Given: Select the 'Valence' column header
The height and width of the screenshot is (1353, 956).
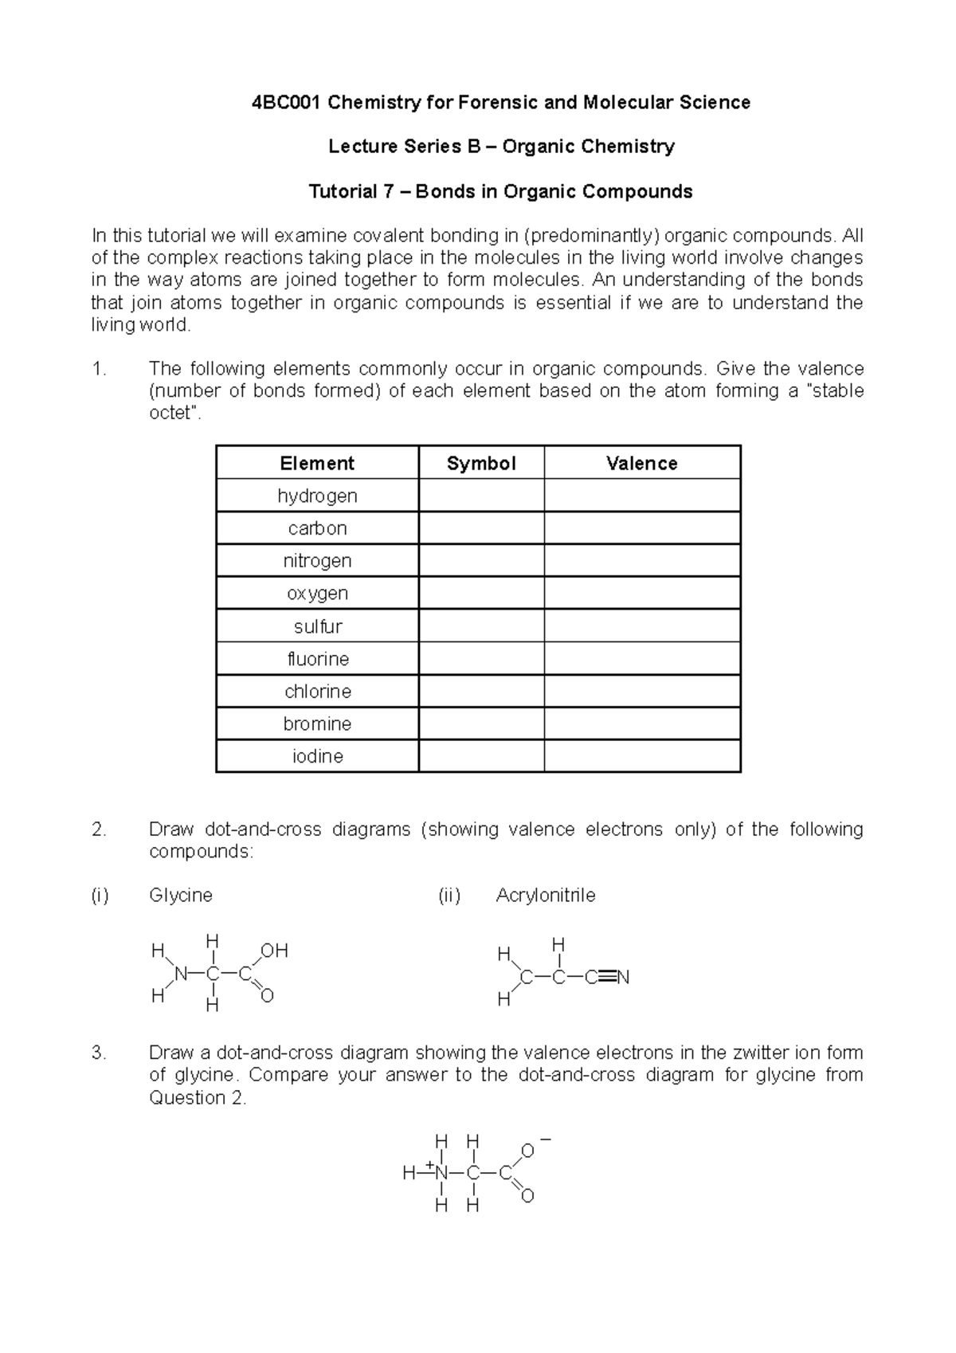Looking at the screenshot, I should pyautogui.click(x=641, y=464).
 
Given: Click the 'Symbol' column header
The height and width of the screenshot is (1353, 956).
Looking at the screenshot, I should pyautogui.click(x=481, y=464).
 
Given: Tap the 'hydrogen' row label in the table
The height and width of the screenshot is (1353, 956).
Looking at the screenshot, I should pyautogui.click(x=317, y=496).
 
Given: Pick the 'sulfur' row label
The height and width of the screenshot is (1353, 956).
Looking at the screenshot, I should pyautogui.click(x=317, y=626).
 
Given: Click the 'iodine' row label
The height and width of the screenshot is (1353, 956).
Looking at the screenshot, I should pyautogui.click(x=317, y=756).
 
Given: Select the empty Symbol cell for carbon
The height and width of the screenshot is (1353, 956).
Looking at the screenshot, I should pyautogui.click(x=481, y=528).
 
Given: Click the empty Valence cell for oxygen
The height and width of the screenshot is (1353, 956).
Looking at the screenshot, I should pyautogui.click(x=642, y=594).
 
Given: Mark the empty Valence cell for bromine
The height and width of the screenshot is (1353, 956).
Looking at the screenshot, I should pyautogui.click(x=642, y=724).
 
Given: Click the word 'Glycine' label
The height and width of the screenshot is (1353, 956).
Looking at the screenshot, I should pyautogui.click(x=181, y=896).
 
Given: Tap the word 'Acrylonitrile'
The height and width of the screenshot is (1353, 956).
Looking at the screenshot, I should pyautogui.click(x=546, y=896).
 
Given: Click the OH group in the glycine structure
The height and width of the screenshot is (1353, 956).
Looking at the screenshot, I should pyautogui.click(x=274, y=951).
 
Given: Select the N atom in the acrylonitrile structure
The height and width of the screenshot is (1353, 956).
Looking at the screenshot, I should pyautogui.click(x=623, y=978).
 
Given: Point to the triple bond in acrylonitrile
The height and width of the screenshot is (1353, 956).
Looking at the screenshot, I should pyautogui.click(x=605, y=978).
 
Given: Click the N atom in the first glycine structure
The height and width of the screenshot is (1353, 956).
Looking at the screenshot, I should pyautogui.click(x=181, y=974).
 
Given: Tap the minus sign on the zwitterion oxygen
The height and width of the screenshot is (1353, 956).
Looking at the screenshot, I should pyautogui.click(x=546, y=1139).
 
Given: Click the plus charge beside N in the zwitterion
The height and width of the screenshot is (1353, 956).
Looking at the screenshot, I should pyautogui.click(x=429, y=1165).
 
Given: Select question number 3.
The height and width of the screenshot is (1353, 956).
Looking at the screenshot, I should pyautogui.click(x=99, y=1053).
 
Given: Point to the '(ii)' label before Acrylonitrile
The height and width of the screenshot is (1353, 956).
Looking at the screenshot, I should pyautogui.click(x=449, y=896).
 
